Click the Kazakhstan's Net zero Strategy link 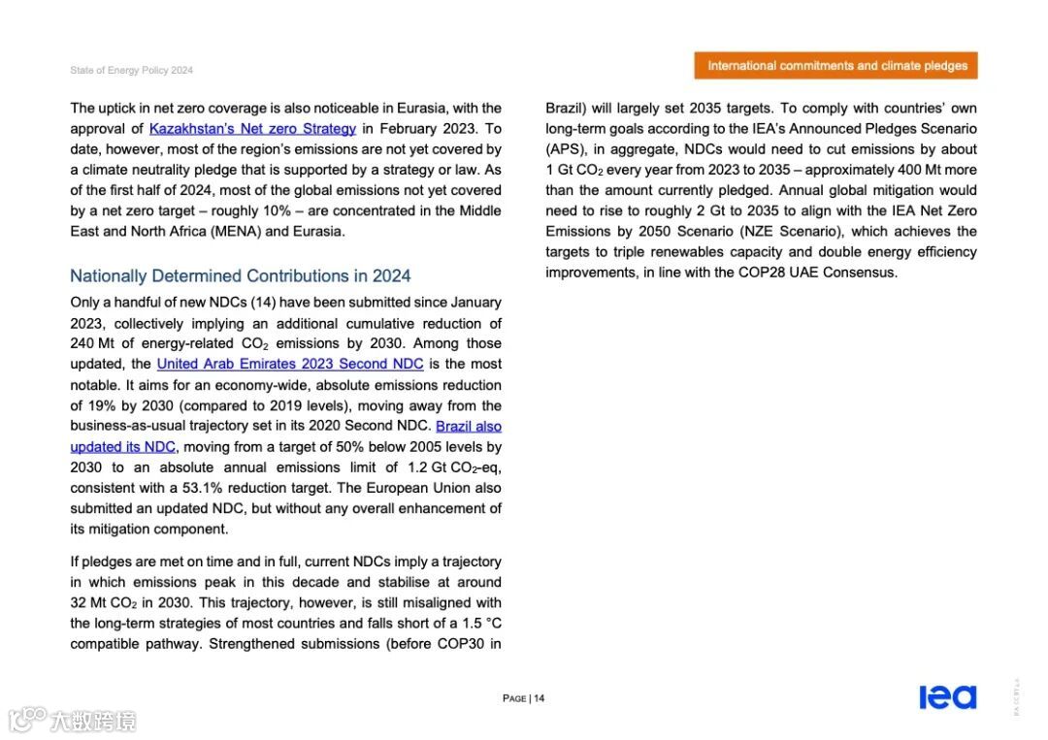(x=252, y=129)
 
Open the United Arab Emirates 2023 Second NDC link (x=290, y=364)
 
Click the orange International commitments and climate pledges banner (x=836, y=66)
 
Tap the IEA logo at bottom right (x=947, y=696)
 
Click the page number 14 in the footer (x=539, y=698)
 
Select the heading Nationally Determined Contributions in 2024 (x=241, y=276)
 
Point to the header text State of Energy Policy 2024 (x=132, y=71)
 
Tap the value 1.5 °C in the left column (x=477, y=624)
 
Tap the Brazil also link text (x=469, y=427)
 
